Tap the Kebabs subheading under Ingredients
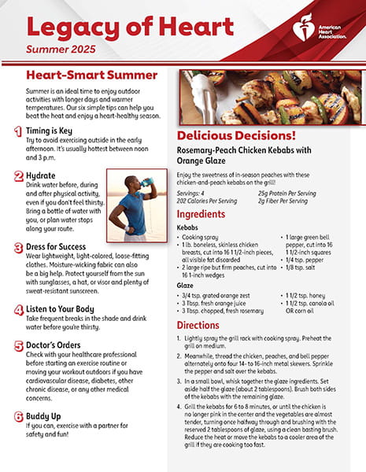189,227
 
